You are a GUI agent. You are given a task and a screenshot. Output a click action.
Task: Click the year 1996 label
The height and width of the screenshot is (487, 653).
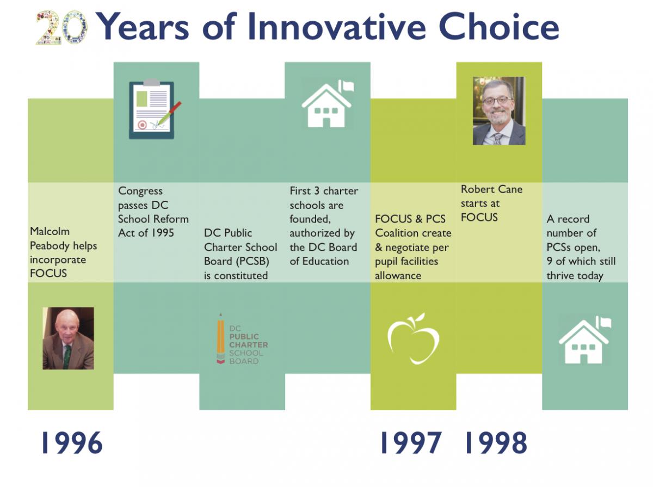(71, 443)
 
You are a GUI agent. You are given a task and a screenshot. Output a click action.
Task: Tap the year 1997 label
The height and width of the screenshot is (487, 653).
(410, 443)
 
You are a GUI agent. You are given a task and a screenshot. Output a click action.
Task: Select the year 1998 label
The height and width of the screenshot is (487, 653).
(495, 443)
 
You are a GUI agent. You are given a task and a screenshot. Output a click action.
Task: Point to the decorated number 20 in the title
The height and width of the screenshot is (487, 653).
(62, 27)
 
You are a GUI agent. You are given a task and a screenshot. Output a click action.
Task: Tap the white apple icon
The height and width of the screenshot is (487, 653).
(414, 338)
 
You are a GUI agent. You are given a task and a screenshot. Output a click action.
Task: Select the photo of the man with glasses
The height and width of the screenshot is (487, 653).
(499, 110)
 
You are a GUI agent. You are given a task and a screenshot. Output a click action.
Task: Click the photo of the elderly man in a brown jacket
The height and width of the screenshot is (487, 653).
(68, 338)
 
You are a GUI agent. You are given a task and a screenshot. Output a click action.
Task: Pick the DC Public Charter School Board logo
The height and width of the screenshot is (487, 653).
(242, 339)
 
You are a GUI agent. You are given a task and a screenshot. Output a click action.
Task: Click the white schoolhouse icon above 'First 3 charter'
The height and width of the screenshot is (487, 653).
(327, 103)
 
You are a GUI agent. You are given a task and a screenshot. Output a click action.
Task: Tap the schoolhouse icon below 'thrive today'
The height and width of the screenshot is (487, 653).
(585, 340)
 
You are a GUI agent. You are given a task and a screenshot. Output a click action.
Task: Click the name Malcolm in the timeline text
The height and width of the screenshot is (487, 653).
(50, 231)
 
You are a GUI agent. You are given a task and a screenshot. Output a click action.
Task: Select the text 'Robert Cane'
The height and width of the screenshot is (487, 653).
(491, 189)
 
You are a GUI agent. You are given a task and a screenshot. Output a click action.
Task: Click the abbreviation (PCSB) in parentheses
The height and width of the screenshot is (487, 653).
(252, 261)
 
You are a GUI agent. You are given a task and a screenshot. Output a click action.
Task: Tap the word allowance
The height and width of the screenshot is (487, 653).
(398, 275)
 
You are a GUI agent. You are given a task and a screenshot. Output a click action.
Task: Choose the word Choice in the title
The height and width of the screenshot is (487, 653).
(498, 26)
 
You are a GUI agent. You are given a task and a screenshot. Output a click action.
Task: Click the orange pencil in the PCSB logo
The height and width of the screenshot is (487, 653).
(220, 338)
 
